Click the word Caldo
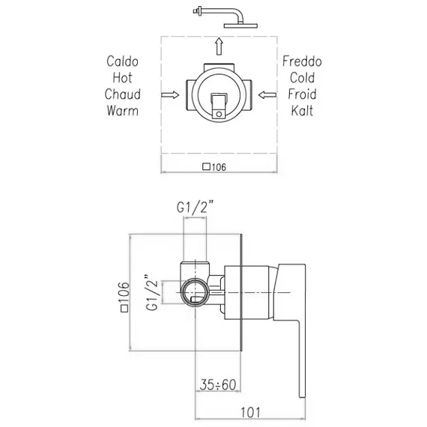coord(122,61)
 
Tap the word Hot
coord(122,78)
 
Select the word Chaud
coord(123,94)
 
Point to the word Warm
coord(123,111)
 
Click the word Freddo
coord(302,61)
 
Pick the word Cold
coord(302,78)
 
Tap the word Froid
coord(302,94)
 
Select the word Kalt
coord(302,111)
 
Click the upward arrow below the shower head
coord(219,46)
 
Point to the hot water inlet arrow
coord(170,95)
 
